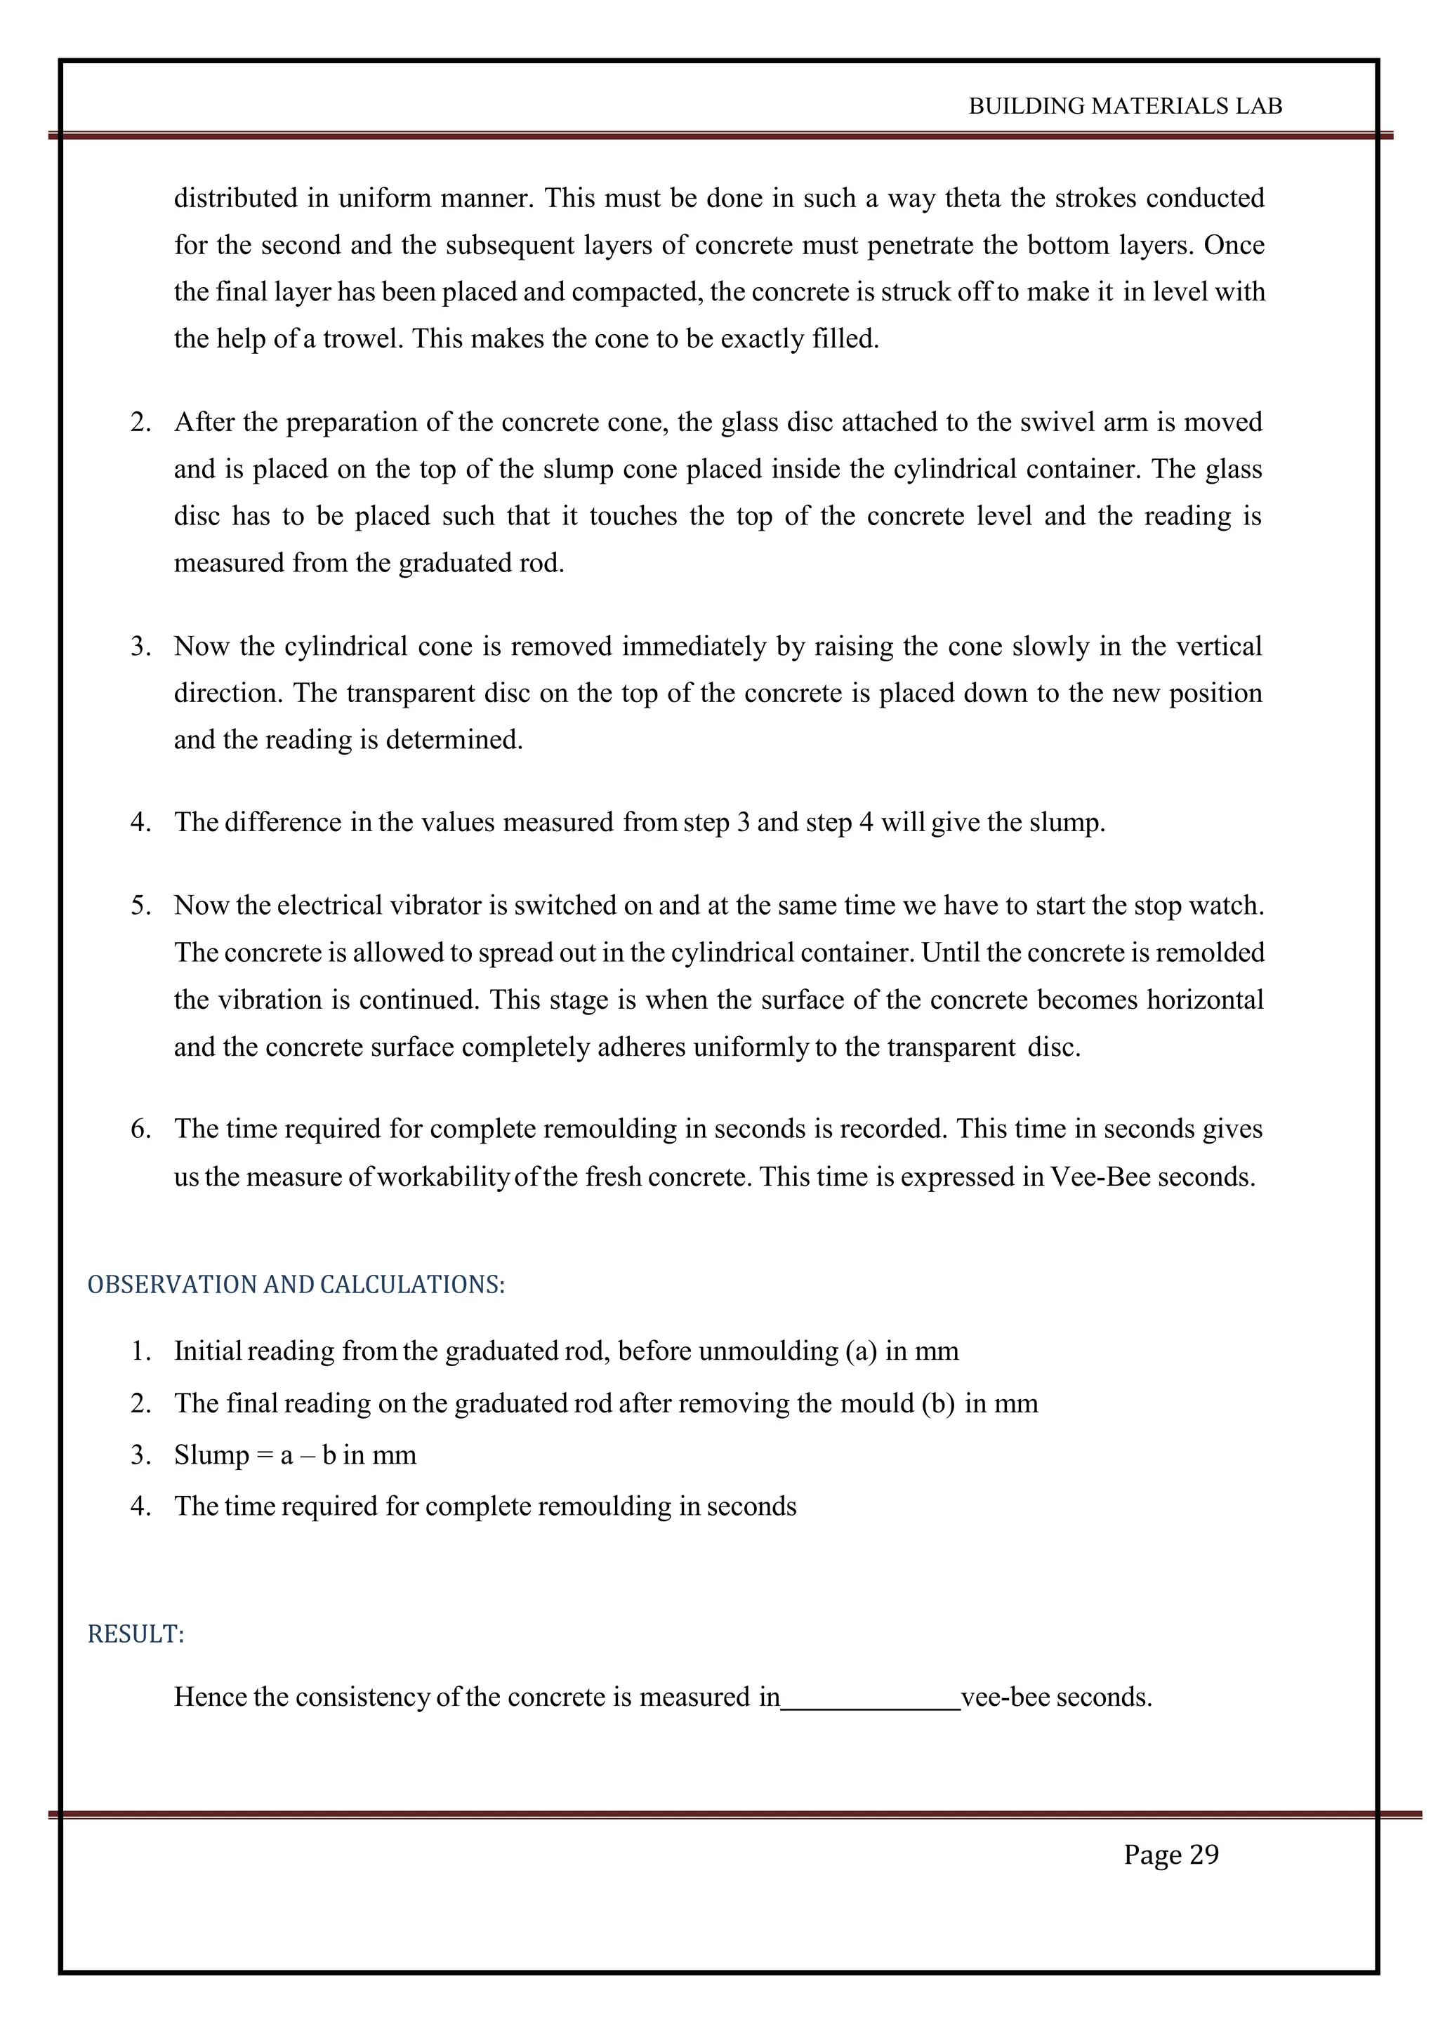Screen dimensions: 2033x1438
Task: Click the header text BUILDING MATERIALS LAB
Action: pyautogui.click(x=1125, y=106)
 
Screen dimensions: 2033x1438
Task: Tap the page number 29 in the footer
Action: pyautogui.click(x=1203, y=1854)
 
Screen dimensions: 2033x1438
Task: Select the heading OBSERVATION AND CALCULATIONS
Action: pyautogui.click(x=296, y=1285)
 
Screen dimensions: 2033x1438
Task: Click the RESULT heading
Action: pyautogui.click(x=136, y=1634)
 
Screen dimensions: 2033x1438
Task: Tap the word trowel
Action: pyautogui.click(x=362, y=339)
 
